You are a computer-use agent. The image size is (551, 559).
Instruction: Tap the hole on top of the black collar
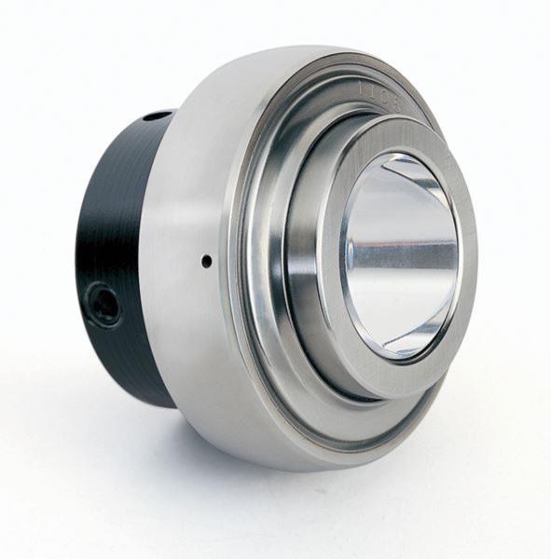(157, 116)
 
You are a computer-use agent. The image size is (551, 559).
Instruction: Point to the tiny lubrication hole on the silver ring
(206, 262)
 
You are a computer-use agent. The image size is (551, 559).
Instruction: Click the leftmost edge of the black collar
(77, 261)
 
